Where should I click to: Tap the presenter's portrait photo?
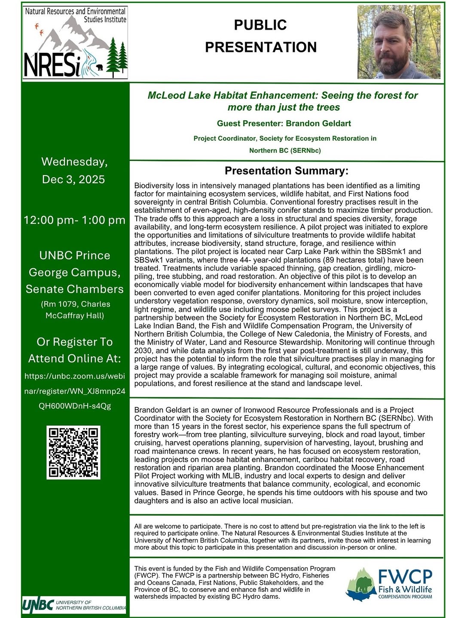[399, 42]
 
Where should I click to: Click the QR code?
[73, 452]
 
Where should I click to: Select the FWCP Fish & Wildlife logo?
[389, 584]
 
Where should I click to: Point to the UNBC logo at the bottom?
[74, 605]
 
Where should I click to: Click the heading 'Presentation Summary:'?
[287, 171]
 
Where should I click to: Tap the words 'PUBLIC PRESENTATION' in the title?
[261, 36]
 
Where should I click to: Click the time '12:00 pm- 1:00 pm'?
[74, 220]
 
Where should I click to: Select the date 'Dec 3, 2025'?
[73, 179]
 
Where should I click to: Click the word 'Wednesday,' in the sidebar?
[74, 162]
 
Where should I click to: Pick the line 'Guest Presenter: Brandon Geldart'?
[284, 124]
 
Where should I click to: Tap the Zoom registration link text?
[75, 391]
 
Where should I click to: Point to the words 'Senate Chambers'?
[75, 289]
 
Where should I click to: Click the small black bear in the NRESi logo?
[100, 67]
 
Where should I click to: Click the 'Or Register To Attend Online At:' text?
[75, 350]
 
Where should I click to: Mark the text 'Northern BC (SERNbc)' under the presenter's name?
[285, 151]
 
